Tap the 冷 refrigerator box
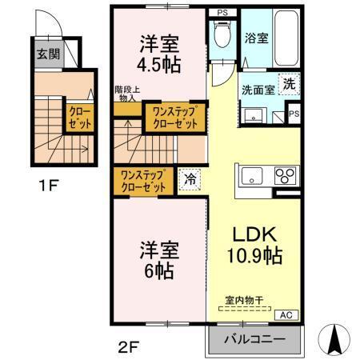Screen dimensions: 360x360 (x=190, y=179)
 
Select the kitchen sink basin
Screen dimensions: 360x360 (x=251, y=175)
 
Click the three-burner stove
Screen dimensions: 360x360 (x=285, y=175)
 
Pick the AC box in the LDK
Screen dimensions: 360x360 (x=286, y=314)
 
